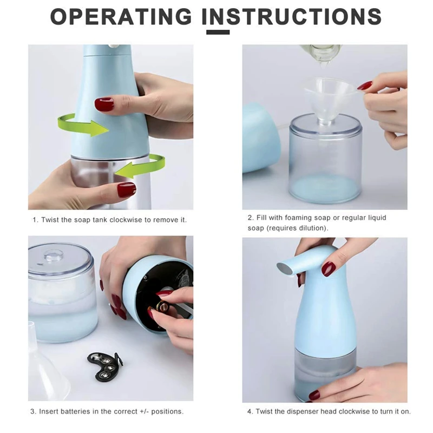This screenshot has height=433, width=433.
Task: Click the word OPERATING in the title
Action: coord(121,16)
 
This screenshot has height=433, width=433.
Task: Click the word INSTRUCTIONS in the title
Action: coord(292,16)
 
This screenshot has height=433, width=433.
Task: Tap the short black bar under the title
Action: coord(218,32)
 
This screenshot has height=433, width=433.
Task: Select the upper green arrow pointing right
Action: coord(83,125)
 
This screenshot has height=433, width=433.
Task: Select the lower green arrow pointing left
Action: coord(140,166)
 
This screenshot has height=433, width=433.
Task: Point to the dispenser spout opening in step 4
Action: coord(285,268)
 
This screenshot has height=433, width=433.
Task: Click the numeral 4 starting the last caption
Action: coord(250,411)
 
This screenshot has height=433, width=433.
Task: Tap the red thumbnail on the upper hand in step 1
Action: coord(104,104)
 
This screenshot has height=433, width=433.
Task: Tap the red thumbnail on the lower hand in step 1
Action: coord(127,189)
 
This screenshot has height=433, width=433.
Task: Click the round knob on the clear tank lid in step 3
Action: coord(54,255)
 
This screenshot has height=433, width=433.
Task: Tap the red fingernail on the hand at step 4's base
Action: coord(314,395)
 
